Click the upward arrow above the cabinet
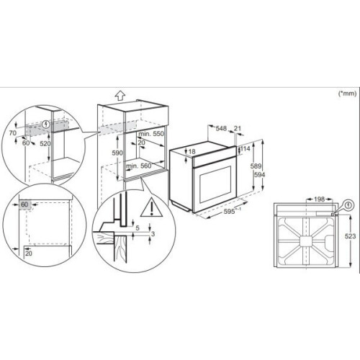(x=120, y=96)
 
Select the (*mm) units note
(x=347, y=94)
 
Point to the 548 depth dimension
(x=221, y=128)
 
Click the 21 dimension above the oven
(x=237, y=128)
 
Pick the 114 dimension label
(x=245, y=148)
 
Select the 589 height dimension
(x=256, y=166)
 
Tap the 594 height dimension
(x=260, y=174)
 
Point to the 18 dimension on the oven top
(x=192, y=151)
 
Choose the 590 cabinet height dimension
(x=117, y=153)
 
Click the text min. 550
(x=151, y=133)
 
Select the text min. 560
(x=139, y=166)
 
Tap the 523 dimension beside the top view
(x=350, y=236)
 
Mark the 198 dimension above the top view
(x=319, y=199)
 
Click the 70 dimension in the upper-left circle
(x=13, y=132)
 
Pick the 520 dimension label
(x=45, y=143)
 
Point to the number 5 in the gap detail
(x=138, y=228)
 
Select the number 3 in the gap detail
(x=153, y=233)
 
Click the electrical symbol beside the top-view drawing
(x=349, y=205)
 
